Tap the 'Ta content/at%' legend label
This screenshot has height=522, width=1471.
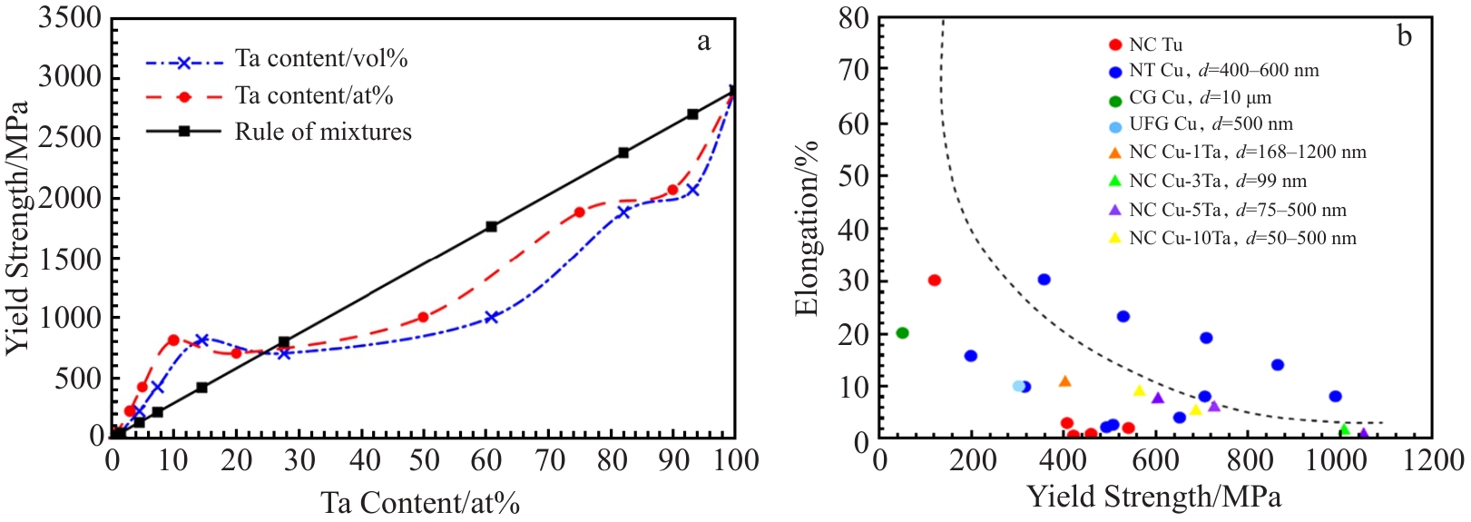coord(314,95)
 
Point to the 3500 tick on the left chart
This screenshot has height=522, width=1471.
coord(70,18)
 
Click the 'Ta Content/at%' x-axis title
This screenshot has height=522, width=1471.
coord(420,503)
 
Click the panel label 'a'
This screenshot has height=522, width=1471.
coord(703,41)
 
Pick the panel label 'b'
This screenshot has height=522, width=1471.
coord(1405,36)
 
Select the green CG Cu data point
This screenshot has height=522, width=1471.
coord(902,333)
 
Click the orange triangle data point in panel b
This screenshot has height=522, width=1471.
coord(1064,381)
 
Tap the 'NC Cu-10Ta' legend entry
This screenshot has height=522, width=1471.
coord(1242,239)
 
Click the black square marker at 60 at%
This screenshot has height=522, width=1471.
coord(492,226)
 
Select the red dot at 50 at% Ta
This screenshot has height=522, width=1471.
coord(423,317)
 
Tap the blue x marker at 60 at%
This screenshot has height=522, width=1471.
coord(492,317)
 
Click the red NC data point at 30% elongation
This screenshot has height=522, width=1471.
coord(935,280)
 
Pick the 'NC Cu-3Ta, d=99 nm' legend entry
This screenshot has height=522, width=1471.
coord(1217,182)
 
